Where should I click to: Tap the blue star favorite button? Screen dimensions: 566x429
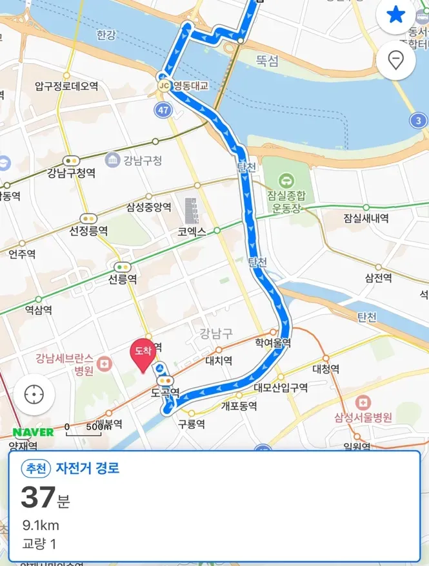pyautogui.click(x=395, y=16)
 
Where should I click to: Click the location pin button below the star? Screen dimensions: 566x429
pyautogui.click(x=395, y=61)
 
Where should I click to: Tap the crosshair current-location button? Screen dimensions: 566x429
pyautogui.click(x=34, y=394)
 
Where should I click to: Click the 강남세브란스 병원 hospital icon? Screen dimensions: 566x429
pyautogui.click(x=107, y=364)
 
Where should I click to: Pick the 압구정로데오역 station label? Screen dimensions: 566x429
pyautogui.click(x=66, y=86)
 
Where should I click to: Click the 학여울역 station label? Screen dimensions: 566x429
pyautogui.click(x=273, y=343)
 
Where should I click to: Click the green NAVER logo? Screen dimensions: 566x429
pyautogui.click(x=33, y=432)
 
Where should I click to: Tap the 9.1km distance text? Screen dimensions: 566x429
pyautogui.click(x=41, y=525)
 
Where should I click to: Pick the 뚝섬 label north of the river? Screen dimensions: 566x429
pyautogui.click(x=266, y=61)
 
